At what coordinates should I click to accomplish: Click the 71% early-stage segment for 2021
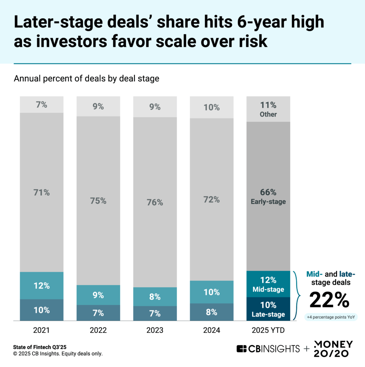pyautogui.click(x=42, y=192)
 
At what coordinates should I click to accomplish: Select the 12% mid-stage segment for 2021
pyautogui.click(x=42, y=286)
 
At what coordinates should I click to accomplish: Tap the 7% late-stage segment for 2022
pyautogui.click(x=98, y=313)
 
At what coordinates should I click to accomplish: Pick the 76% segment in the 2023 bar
pyautogui.click(x=155, y=202)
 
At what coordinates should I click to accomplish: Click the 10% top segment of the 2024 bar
pyautogui.click(x=211, y=107)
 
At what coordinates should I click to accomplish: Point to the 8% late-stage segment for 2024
pyautogui.click(x=211, y=312)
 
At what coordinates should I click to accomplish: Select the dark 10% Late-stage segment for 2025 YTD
pyautogui.click(x=268, y=309)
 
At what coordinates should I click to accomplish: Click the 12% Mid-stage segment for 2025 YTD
pyautogui.click(x=268, y=284)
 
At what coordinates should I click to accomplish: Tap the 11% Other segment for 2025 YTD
pyautogui.click(x=268, y=109)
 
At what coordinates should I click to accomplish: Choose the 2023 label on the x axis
pyautogui.click(x=155, y=330)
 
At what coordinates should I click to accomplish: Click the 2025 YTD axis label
pyautogui.click(x=268, y=330)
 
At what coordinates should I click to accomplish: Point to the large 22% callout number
pyautogui.click(x=329, y=300)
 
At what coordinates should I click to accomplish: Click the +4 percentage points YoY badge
pyautogui.click(x=329, y=318)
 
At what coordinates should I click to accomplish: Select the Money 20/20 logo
pyautogui.click(x=333, y=348)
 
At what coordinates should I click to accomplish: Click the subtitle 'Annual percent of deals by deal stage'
pyautogui.click(x=86, y=78)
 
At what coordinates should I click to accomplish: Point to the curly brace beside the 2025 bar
pyautogui.click(x=296, y=295)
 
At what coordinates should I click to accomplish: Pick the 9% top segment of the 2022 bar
pyautogui.click(x=98, y=106)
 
